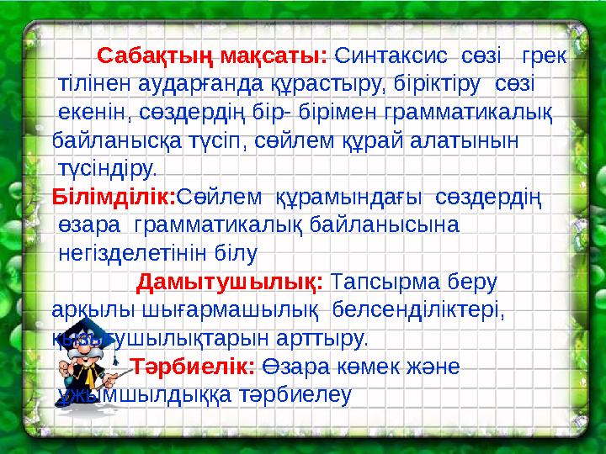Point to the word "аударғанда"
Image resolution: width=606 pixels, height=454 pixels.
tap(195, 85)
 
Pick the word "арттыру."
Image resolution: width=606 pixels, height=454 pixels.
tap(321, 339)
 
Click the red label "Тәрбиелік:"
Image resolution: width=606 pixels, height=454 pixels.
tap(192, 367)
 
